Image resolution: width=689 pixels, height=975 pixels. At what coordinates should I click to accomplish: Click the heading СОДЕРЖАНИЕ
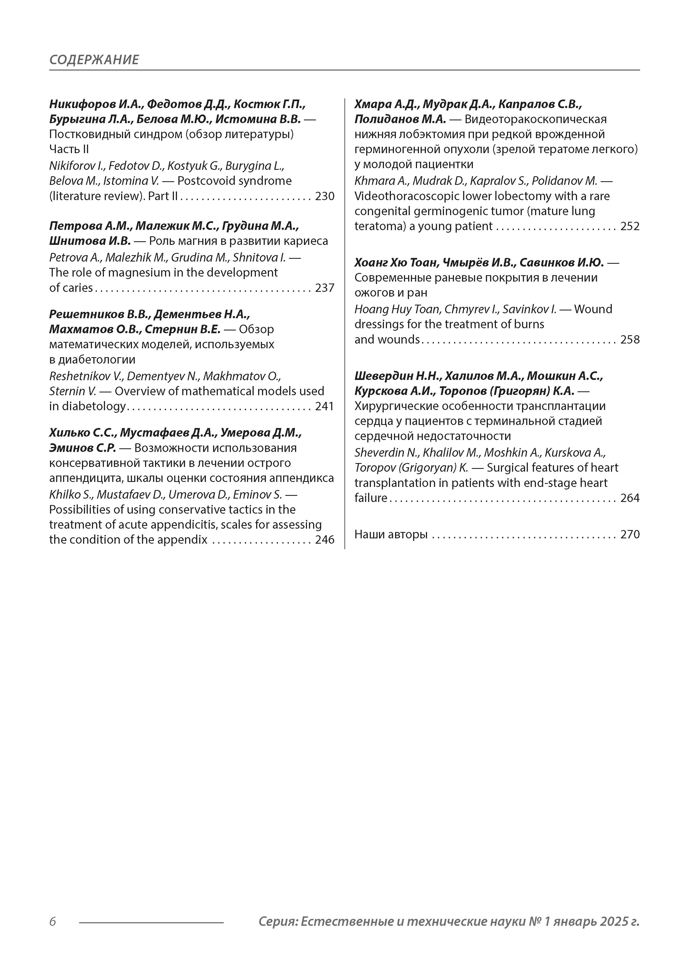click(94, 59)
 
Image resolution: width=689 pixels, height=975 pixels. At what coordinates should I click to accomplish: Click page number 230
click(325, 196)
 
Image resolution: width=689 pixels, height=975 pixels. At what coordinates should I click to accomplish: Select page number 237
click(325, 288)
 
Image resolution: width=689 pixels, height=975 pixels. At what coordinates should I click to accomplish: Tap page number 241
click(325, 406)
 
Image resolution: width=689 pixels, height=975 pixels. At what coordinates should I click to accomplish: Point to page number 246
click(325, 540)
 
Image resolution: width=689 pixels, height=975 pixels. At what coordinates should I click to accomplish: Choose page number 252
click(630, 226)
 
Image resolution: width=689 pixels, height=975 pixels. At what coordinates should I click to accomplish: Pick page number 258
click(630, 340)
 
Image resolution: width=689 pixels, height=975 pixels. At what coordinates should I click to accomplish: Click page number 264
click(630, 498)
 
